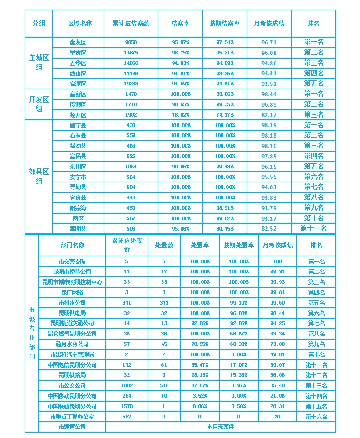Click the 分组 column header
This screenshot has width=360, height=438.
click(39, 24)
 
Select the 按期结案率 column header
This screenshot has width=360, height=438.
click(225, 24)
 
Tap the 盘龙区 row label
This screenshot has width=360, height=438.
click(78, 42)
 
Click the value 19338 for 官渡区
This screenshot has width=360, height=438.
click(131, 84)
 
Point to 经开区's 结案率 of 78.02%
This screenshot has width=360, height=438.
click(181, 115)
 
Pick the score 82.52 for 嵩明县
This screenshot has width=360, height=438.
click(269, 229)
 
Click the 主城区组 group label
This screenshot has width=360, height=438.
click(39, 63)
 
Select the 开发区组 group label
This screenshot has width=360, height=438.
click(39, 104)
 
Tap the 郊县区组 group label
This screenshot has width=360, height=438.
click(39, 177)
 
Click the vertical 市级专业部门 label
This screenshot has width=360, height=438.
click(32, 333)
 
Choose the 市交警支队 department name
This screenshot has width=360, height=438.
click(72, 261)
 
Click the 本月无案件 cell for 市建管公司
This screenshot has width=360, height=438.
click(221, 427)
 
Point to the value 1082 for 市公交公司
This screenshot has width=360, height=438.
click(127, 385)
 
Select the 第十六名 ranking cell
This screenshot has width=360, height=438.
click(316, 417)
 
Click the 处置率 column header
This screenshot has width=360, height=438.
click(200, 245)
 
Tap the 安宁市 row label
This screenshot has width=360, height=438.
click(78, 177)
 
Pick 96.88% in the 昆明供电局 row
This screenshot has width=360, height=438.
click(238, 313)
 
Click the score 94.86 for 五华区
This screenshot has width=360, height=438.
click(269, 63)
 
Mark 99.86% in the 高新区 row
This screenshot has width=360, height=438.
click(225, 94)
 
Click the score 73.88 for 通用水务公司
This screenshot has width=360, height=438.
click(277, 344)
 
